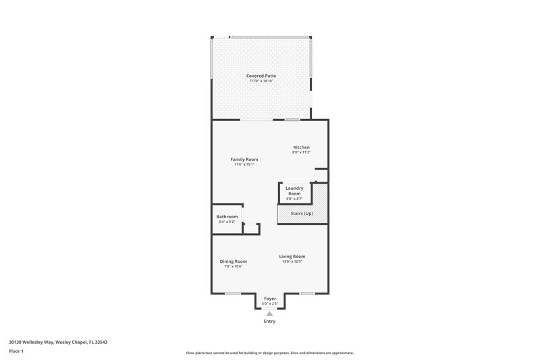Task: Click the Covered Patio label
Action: pos(261,76)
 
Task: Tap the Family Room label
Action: pos(244,159)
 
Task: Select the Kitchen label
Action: pos(301,147)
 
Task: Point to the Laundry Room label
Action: pos(294,190)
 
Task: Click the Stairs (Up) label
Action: pos(302,213)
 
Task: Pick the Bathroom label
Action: pos(227,217)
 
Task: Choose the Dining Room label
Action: pos(233,261)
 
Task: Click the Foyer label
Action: pos(269,298)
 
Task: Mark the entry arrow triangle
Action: pos(269,313)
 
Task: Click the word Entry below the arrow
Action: pos(269,322)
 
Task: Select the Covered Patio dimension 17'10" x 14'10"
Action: pos(261,81)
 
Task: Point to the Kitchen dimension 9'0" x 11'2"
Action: pos(301,153)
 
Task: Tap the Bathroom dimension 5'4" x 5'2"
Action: pos(227,222)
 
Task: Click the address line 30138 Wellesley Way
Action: pos(58,342)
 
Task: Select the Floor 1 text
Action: pos(17,351)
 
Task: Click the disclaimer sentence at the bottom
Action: pos(269,353)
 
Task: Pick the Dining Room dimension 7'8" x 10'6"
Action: pos(233,267)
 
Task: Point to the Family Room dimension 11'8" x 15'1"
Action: pos(244,164)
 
